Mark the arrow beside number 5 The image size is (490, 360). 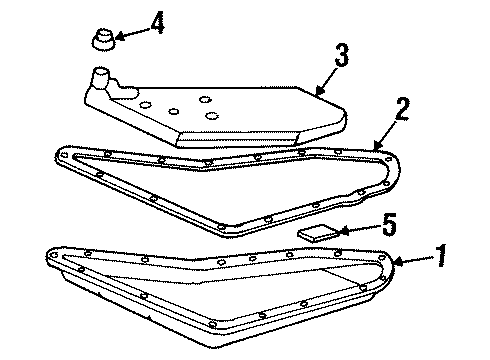point(350,230)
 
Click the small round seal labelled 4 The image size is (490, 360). point(101,40)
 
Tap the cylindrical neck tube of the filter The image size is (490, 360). point(101,78)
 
